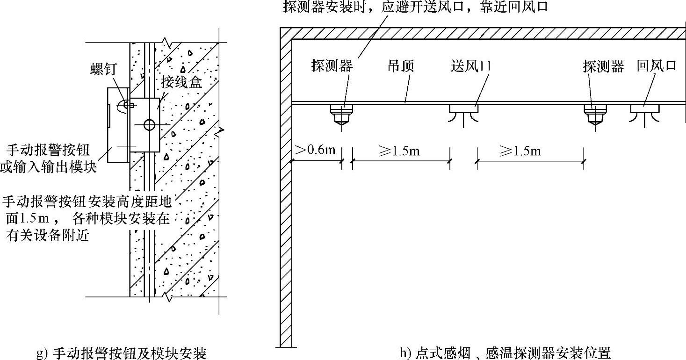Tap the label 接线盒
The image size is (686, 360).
(181, 83)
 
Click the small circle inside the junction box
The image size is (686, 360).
(149, 124)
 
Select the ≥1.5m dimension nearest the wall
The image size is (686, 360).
(399, 151)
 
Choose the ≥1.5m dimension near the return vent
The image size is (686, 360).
(520, 151)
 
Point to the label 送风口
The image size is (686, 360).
(471, 66)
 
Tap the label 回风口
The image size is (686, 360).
(657, 66)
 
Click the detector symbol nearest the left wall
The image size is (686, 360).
(342, 114)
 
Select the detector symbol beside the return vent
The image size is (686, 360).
(595, 114)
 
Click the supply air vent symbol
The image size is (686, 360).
(463, 113)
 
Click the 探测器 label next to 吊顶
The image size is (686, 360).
(332, 66)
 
